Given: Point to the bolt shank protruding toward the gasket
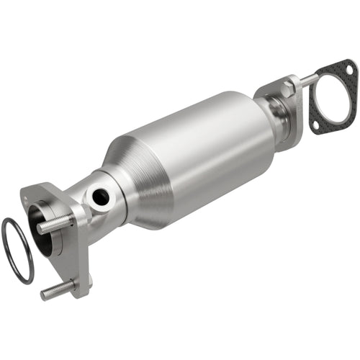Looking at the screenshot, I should (x=307, y=79).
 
